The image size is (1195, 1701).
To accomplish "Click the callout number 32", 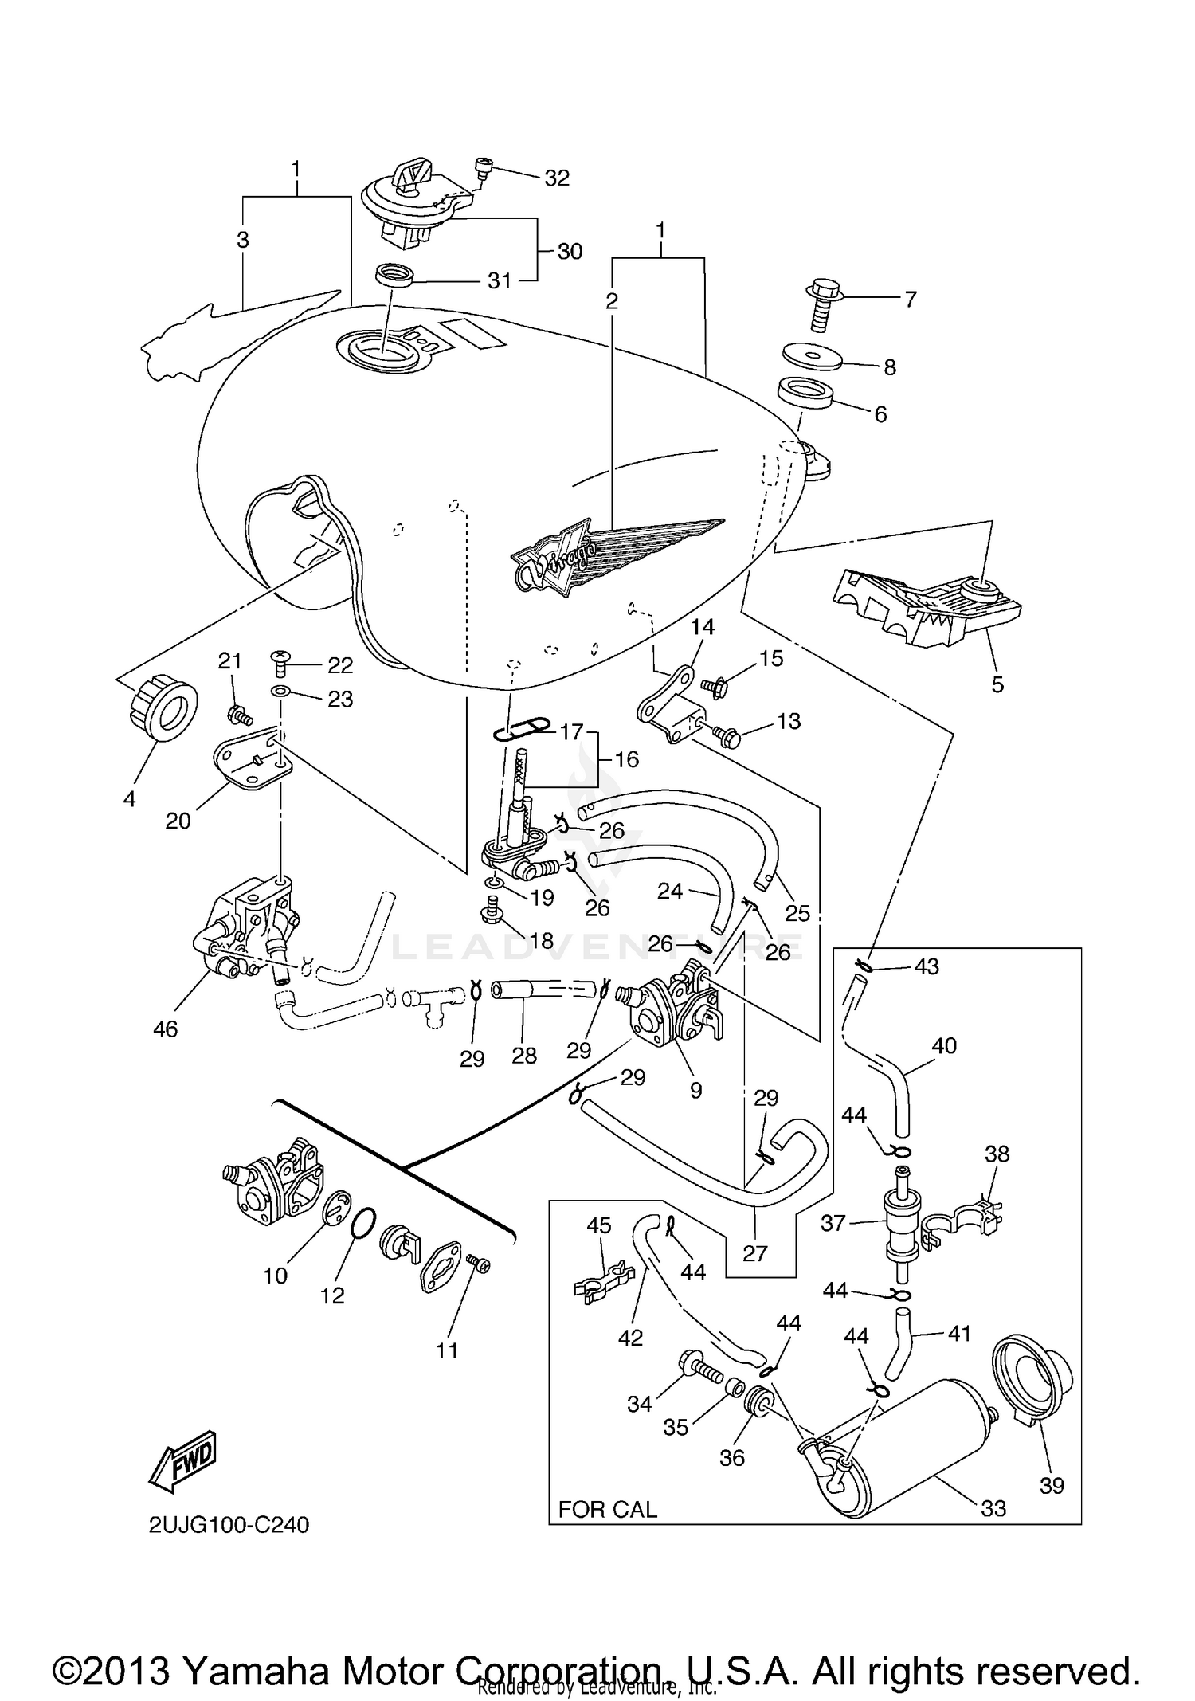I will click(x=557, y=178).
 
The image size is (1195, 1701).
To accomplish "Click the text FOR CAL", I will click(x=607, y=1509).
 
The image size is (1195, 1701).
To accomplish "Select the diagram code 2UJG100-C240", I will click(x=229, y=1546).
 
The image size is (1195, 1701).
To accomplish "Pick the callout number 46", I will click(x=165, y=1029).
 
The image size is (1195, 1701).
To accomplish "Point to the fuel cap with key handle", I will click(x=406, y=203).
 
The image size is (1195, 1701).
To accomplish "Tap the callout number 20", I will click(x=178, y=820).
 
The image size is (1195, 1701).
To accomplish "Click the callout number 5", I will click(x=997, y=684).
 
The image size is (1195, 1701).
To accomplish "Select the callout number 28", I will click(x=524, y=1056).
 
